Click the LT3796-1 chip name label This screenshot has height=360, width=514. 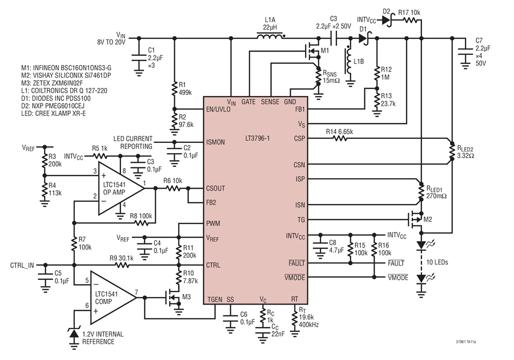258,138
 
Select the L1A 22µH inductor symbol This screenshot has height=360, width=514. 270,36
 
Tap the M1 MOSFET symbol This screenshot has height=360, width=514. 314,51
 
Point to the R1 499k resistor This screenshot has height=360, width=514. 174,88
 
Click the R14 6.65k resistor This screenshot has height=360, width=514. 340,139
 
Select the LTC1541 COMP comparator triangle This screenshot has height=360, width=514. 113,297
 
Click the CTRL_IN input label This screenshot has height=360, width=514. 22,265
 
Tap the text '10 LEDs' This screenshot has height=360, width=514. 437,262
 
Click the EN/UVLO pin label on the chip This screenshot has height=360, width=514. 218,109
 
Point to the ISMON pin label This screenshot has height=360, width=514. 215,142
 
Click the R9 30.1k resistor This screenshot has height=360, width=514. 122,265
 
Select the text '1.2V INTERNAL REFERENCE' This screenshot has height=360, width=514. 103,338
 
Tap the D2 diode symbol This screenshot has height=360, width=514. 387,21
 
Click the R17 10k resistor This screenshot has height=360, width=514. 410,21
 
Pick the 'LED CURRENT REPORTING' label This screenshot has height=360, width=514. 132,142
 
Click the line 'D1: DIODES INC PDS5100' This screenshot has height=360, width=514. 56,98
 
